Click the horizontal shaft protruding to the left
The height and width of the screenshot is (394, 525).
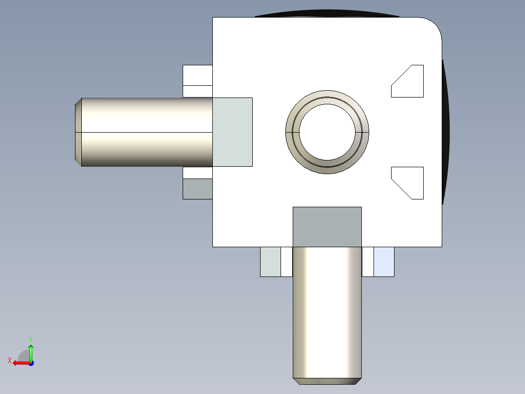coord(146,132)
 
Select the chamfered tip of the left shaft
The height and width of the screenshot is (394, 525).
coord(78,132)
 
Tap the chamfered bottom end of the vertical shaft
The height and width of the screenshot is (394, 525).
coord(327,381)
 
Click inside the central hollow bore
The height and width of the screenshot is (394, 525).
coord(327,132)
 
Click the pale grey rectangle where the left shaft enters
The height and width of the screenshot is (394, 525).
coord(232,132)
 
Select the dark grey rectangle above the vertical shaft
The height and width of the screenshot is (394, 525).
coord(327,227)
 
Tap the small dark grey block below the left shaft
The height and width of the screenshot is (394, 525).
coord(197,189)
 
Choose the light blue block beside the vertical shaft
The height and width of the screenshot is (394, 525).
coord(384,262)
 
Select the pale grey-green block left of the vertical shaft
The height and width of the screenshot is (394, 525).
coord(270,262)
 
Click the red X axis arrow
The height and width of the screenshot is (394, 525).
coord(19,362)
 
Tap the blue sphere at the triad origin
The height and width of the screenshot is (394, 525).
coord(31,363)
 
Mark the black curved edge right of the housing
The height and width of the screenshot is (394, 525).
coord(445,132)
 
